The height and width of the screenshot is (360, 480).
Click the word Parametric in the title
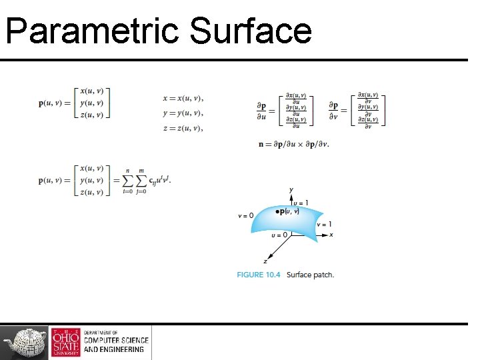tap(92, 31)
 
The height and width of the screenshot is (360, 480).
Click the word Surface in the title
tap(251, 31)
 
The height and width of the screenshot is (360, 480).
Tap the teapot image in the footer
tap(25, 343)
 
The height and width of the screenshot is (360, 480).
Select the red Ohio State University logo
tap(66, 343)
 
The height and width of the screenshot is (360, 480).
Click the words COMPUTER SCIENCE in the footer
tap(113, 341)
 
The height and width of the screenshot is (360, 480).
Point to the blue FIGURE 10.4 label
tap(259, 275)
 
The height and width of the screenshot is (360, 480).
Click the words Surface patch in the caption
tap(311, 275)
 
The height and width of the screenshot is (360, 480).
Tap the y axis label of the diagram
tap(291, 191)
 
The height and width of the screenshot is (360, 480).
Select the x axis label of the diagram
tap(331, 235)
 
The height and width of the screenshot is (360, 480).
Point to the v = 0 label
tap(245, 216)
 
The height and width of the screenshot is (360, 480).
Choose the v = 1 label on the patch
tap(325, 225)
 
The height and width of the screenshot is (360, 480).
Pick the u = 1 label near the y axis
tap(301, 203)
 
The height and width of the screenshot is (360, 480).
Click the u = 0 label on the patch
tap(279, 235)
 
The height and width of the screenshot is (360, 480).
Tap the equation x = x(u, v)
tap(183, 99)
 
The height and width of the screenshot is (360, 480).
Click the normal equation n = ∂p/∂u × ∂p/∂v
tap(293, 143)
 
